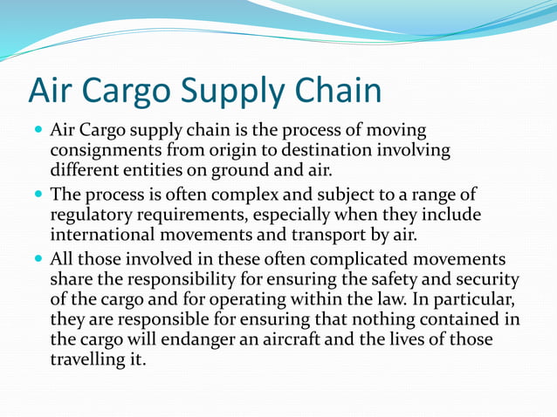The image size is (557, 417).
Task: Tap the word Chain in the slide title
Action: tap(337, 92)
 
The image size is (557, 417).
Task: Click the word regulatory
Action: tap(96, 214)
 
